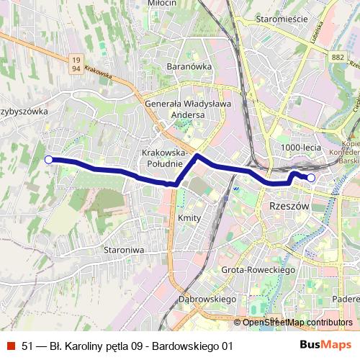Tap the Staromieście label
[x=277, y=19]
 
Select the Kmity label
[x=189, y=217]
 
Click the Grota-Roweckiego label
[x=259, y=269]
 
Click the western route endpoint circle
[x=48, y=160]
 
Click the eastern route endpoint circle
[x=311, y=177]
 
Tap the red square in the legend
[x=10, y=346]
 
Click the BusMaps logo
[x=325, y=346]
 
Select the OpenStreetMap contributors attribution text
[x=297, y=323]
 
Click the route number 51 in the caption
[x=27, y=346]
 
